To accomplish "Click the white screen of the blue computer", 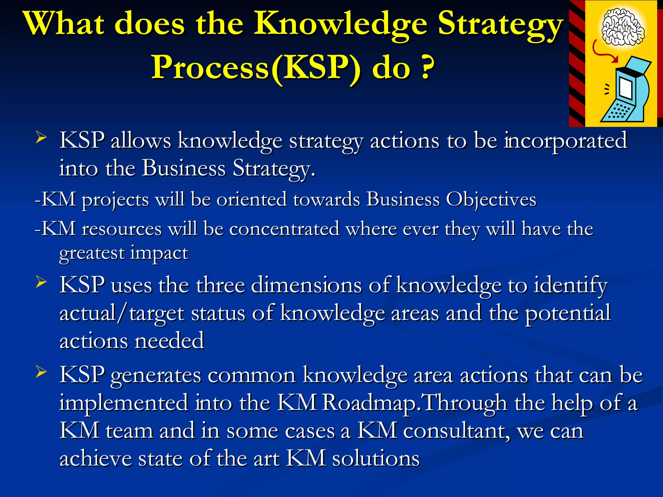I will click(x=626, y=88).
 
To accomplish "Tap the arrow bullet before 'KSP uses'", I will click(x=41, y=282).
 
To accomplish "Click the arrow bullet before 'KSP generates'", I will click(x=41, y=372).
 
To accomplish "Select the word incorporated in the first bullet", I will click(x=565, y=141).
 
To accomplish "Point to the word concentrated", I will click(x=284, y=229).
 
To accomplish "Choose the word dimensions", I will click(x=306, y=285).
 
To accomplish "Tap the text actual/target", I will click(x=122, y=313).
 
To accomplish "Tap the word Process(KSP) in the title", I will click(x=256, y=67).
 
